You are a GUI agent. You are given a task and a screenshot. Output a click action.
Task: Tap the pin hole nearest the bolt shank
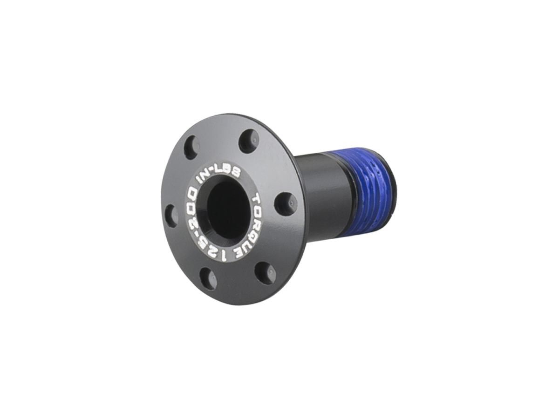coord(285,201)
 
